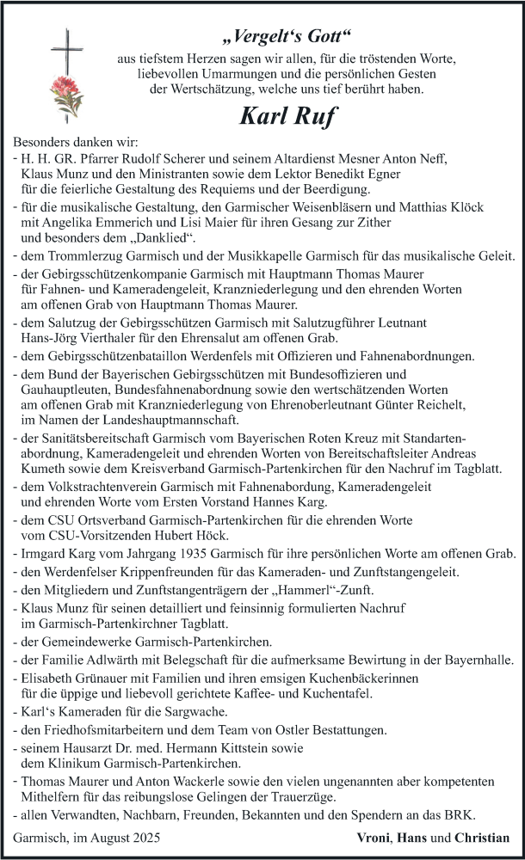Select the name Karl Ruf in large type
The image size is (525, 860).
point(288,115)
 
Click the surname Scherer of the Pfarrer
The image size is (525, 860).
point(191,158)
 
